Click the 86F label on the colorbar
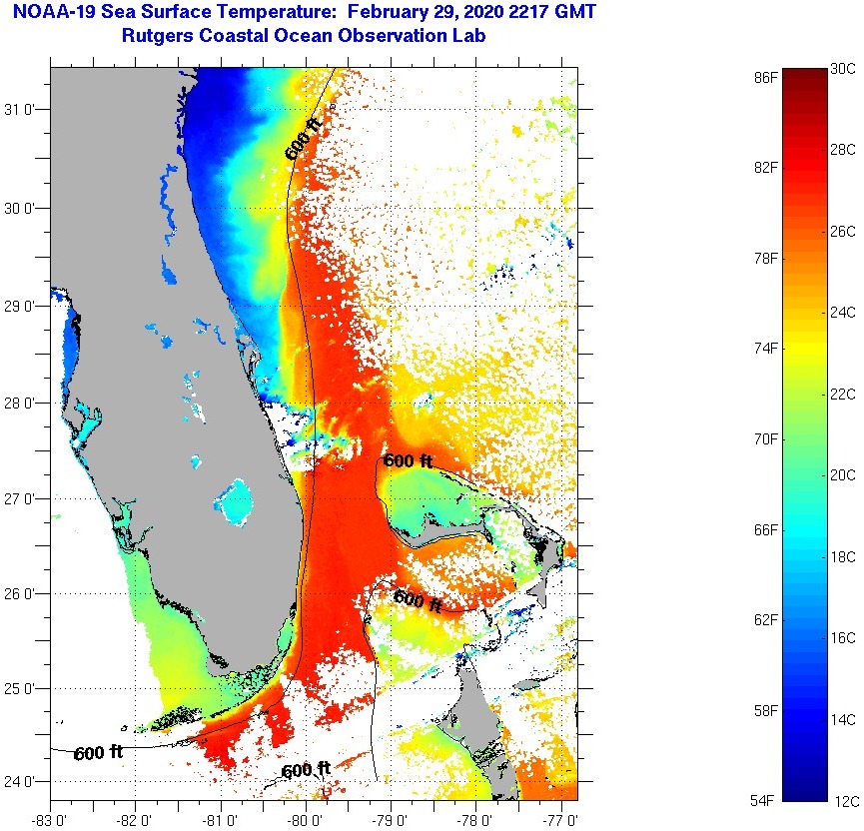point(765,77)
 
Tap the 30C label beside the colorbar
point(842,69)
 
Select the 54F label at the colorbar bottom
point(765,800)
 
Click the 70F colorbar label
point(765,438)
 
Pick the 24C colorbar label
point(842,313)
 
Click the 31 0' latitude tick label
point(22,110)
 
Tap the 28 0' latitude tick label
point(22,403)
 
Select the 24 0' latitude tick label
point(22,781)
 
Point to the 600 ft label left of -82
point(98,753)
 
